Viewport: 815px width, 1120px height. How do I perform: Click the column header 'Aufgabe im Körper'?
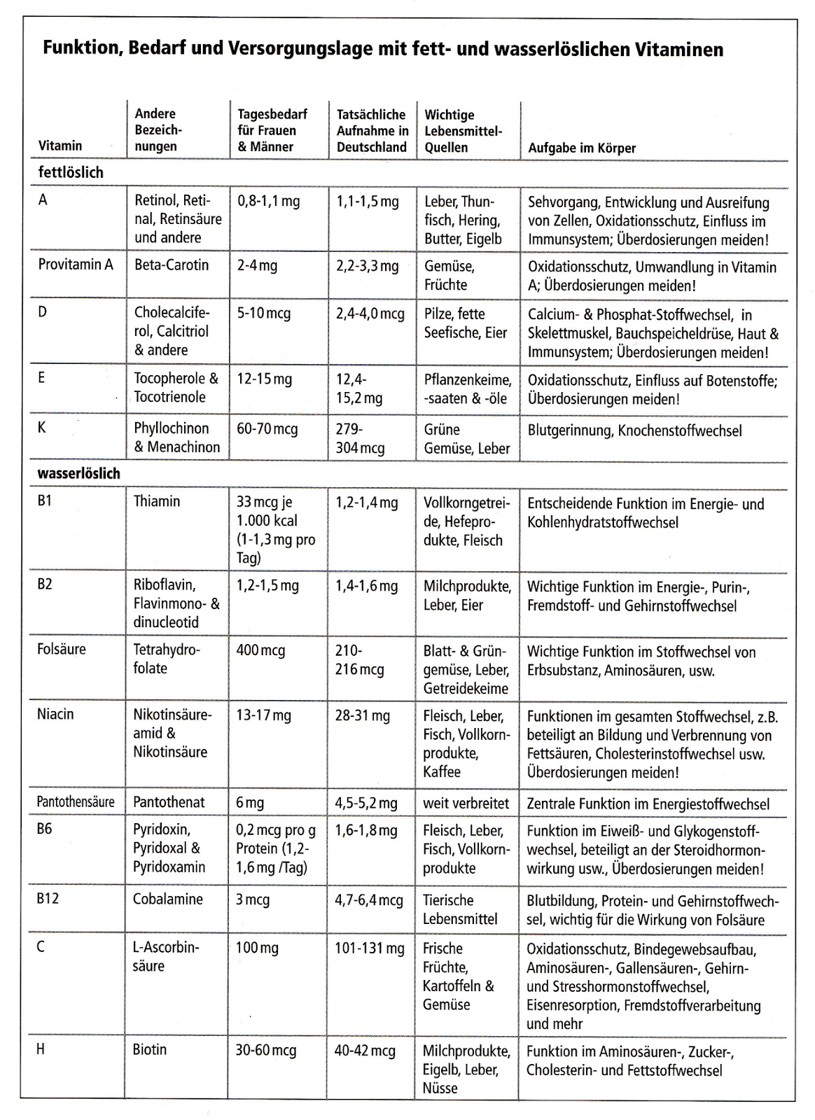pos(582,148)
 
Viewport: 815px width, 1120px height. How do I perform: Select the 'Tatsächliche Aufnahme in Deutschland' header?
pos(372,131)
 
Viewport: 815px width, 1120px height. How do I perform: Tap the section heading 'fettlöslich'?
pos(71,172)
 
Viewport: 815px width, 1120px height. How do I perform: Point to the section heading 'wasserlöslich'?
pos(78,473)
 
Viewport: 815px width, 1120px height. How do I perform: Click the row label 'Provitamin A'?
pos(76,265)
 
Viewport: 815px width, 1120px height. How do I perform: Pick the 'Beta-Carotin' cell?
pos(172,265)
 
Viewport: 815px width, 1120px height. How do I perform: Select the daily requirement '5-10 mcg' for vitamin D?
pos(263,314)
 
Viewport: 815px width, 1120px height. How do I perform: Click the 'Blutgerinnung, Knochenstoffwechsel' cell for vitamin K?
pos(634,430)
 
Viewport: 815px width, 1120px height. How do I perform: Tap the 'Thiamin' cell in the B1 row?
pos(157,501)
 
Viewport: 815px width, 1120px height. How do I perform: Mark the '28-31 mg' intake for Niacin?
pos(362,715)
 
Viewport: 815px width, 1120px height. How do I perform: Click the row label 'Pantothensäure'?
pos(76,802)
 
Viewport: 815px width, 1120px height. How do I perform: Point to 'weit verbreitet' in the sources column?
pos(466,804)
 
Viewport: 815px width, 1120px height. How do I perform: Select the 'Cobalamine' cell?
pos(168,899)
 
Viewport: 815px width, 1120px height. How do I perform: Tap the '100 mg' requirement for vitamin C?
pos(257,948)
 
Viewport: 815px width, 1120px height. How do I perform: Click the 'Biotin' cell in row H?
pos(150,1050)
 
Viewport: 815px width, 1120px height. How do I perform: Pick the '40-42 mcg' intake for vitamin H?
pos(365,1051)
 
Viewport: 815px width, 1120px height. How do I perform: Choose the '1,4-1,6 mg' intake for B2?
pos(366,587)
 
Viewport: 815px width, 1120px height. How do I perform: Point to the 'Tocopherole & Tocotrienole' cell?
pos(176,388)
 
